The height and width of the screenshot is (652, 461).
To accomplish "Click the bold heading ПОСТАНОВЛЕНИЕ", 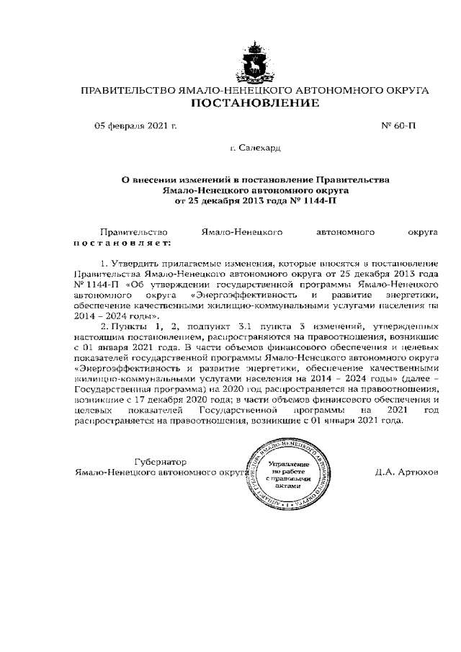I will pos(254,104).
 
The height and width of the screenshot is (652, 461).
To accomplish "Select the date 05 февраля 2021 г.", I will pos(136,125).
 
